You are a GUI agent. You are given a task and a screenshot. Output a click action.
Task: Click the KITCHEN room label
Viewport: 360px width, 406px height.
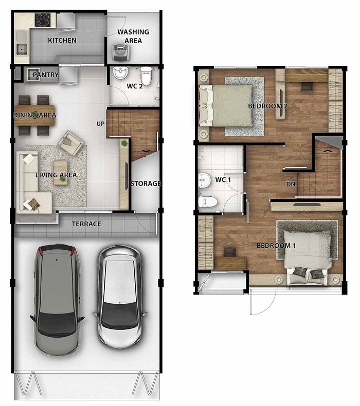click(x=62, y=41)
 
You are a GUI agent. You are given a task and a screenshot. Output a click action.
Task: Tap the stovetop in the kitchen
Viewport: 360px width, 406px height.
click(x=43, y=20)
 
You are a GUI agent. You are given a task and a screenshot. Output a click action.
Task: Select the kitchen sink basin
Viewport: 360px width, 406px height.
click(x=22, y=49)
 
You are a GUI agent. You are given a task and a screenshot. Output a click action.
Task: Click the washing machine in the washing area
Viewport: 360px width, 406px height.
click(x=121, y=53)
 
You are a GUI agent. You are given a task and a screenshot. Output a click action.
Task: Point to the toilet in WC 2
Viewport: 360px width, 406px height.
click(x=146, y=76)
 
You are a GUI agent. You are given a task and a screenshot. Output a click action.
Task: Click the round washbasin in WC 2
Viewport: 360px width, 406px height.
click(x=120, y=73)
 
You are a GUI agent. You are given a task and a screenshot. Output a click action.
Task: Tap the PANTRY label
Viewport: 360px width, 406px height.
click(x=46, y=75)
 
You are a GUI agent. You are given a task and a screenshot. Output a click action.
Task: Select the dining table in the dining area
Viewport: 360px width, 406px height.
click(x=34, y=115)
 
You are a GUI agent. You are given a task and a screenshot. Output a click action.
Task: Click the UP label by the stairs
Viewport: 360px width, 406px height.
click(x=101, y=124)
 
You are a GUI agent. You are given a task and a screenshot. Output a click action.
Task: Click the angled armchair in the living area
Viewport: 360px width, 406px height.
click(x=71, y=142)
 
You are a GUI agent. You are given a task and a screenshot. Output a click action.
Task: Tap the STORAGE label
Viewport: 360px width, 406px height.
click(x=146, y=183)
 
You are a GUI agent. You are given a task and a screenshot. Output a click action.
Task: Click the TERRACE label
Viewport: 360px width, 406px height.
click(x=86, y=224)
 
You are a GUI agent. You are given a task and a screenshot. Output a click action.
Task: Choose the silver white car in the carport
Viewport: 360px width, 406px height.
click(x=119, y=297)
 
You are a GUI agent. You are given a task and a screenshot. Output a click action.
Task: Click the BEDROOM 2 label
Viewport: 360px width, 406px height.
click(x=268, y=106)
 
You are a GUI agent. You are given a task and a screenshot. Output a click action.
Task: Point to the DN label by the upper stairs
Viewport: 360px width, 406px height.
click(x=291, y=184)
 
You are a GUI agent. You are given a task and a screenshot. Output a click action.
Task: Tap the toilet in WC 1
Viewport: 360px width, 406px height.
click(x=207, y=201)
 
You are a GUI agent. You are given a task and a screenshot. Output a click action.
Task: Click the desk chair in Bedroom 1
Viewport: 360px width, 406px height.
click(x=230, y=252)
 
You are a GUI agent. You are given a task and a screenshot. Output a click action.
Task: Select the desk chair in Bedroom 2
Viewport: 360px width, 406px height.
click(x=307, y=87)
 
